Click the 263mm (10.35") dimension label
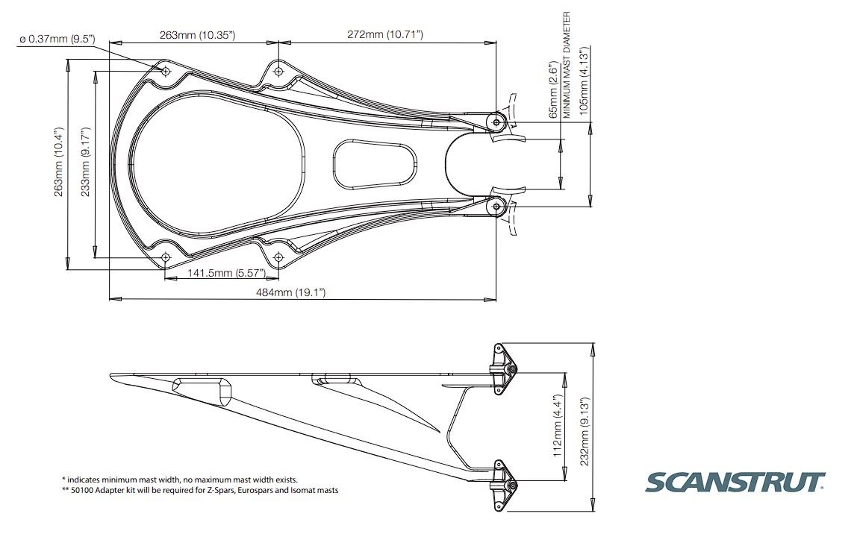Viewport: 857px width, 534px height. click(197, 34)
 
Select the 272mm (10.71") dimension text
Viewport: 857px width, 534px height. click(385, 34)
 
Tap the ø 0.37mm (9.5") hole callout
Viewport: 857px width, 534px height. click(57, 39)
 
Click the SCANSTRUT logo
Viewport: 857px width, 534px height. click(735, 483)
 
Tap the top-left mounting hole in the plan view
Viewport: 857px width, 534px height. click(166, 71)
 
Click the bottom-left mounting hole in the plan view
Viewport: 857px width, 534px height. click(166, 258)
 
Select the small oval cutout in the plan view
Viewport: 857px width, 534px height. click(374, 163)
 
